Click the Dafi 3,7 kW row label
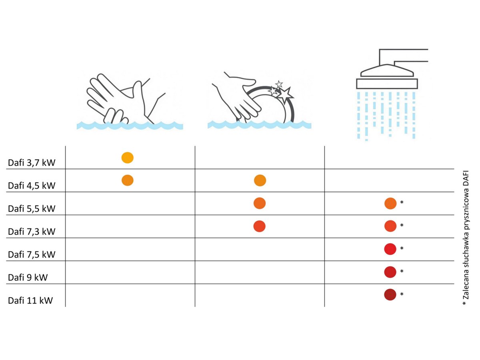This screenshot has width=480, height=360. click(x=32, y=163)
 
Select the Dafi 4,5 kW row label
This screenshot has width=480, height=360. click(x=32, y=186)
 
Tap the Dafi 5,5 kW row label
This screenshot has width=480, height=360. click(x=32, y=209)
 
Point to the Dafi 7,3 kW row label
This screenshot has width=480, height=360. click(x=32, y=232)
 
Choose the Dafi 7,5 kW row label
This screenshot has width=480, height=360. click(x=32, y=255)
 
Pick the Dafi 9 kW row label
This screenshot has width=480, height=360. click(x=28, y=278)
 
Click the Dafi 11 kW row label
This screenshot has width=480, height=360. click(x=30, y=300)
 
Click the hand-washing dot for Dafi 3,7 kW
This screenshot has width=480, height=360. click(x=128, y=158)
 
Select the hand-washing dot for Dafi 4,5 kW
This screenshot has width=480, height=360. click(x=128, y=180)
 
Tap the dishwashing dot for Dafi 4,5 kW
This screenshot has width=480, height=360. click(x=260, y=180)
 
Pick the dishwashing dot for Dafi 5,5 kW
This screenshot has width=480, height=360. click(x=260, y=203)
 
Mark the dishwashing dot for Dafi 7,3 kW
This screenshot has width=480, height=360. click(x=260, y=226)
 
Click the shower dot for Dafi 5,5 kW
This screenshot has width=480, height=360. click(x=390, y=204)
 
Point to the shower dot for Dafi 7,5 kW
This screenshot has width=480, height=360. click(x=390, y=249)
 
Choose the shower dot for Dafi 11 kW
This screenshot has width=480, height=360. click(x=390, y=295)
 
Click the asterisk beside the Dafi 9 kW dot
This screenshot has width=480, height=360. click(x=402, y=271)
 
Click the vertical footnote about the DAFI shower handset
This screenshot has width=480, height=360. click(x=466, y=238)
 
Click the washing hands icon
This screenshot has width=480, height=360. click(x=130, y=102)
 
